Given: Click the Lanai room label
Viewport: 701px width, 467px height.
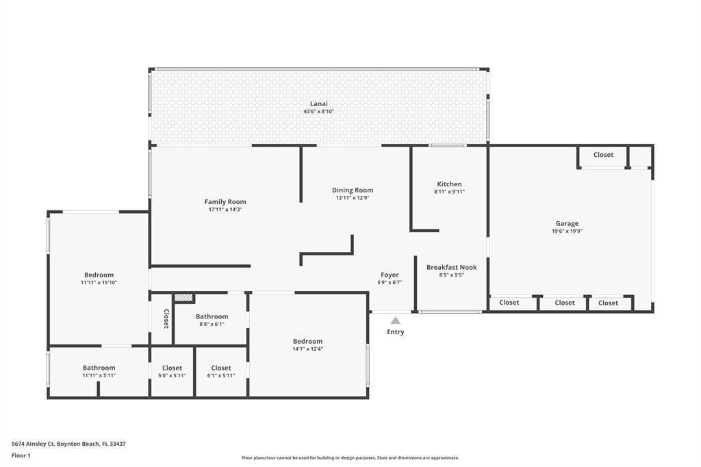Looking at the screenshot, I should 318,103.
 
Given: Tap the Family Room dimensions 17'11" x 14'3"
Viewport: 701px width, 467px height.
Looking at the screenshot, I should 225,210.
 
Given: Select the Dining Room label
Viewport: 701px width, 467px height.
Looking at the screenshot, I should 353,190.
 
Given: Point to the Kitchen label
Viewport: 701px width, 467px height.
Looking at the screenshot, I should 449,184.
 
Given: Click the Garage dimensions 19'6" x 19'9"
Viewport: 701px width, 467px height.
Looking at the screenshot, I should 567,231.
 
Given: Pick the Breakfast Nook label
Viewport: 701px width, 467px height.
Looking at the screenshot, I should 451,267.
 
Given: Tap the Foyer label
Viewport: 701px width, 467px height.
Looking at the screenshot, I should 390,275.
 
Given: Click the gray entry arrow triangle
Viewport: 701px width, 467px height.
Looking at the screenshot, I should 395,320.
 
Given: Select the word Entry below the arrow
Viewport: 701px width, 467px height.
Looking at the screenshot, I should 395,332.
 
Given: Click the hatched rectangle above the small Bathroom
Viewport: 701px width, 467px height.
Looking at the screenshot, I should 183,298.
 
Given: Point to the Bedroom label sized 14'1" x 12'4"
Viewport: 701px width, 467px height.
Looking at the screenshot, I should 307,341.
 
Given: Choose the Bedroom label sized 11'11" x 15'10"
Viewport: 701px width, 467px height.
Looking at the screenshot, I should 99,275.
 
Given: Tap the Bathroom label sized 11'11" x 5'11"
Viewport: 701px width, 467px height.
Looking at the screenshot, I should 99,368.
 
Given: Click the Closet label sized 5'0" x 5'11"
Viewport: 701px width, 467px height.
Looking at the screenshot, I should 172,368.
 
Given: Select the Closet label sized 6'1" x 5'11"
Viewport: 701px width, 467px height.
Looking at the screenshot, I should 221,368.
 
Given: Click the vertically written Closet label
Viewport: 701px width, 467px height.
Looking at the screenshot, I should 166,318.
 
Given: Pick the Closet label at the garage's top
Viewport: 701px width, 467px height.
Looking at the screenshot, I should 603,155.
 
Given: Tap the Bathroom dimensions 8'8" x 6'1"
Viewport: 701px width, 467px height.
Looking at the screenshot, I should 211,325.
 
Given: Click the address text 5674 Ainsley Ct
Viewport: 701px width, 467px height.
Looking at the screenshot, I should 68,444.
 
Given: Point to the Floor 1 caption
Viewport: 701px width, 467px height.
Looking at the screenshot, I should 21,455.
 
